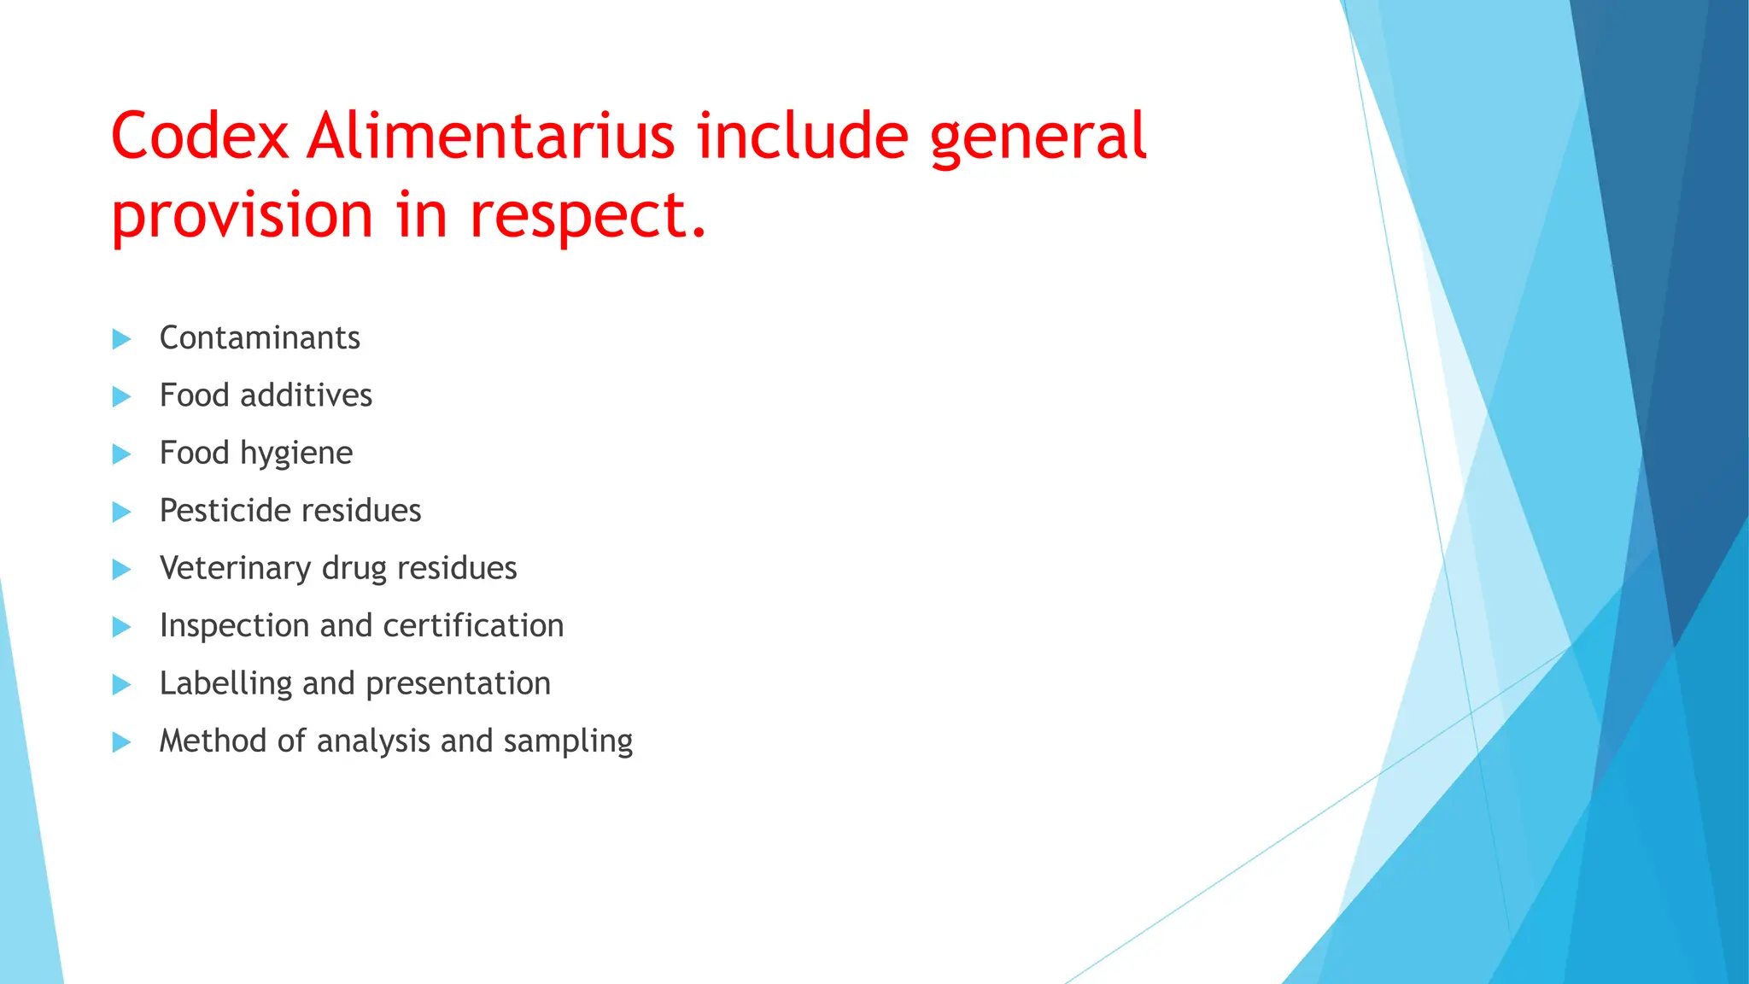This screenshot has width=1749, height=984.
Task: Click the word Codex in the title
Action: coord(200,137)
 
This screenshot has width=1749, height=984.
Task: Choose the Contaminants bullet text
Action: coord(260,338)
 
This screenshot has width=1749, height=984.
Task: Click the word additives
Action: coord(306,395)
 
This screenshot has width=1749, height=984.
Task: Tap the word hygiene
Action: coord(296,454)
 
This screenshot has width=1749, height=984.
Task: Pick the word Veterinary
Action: coord(236,569)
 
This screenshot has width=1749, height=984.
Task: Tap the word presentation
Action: coord(458,684)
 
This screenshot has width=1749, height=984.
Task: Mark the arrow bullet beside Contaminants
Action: coord(121,339)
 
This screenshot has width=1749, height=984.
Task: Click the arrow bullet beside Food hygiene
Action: coord(121,454)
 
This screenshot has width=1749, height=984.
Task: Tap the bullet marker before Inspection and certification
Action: coord(121,627)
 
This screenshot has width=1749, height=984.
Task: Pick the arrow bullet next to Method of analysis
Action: coord(121,742)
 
